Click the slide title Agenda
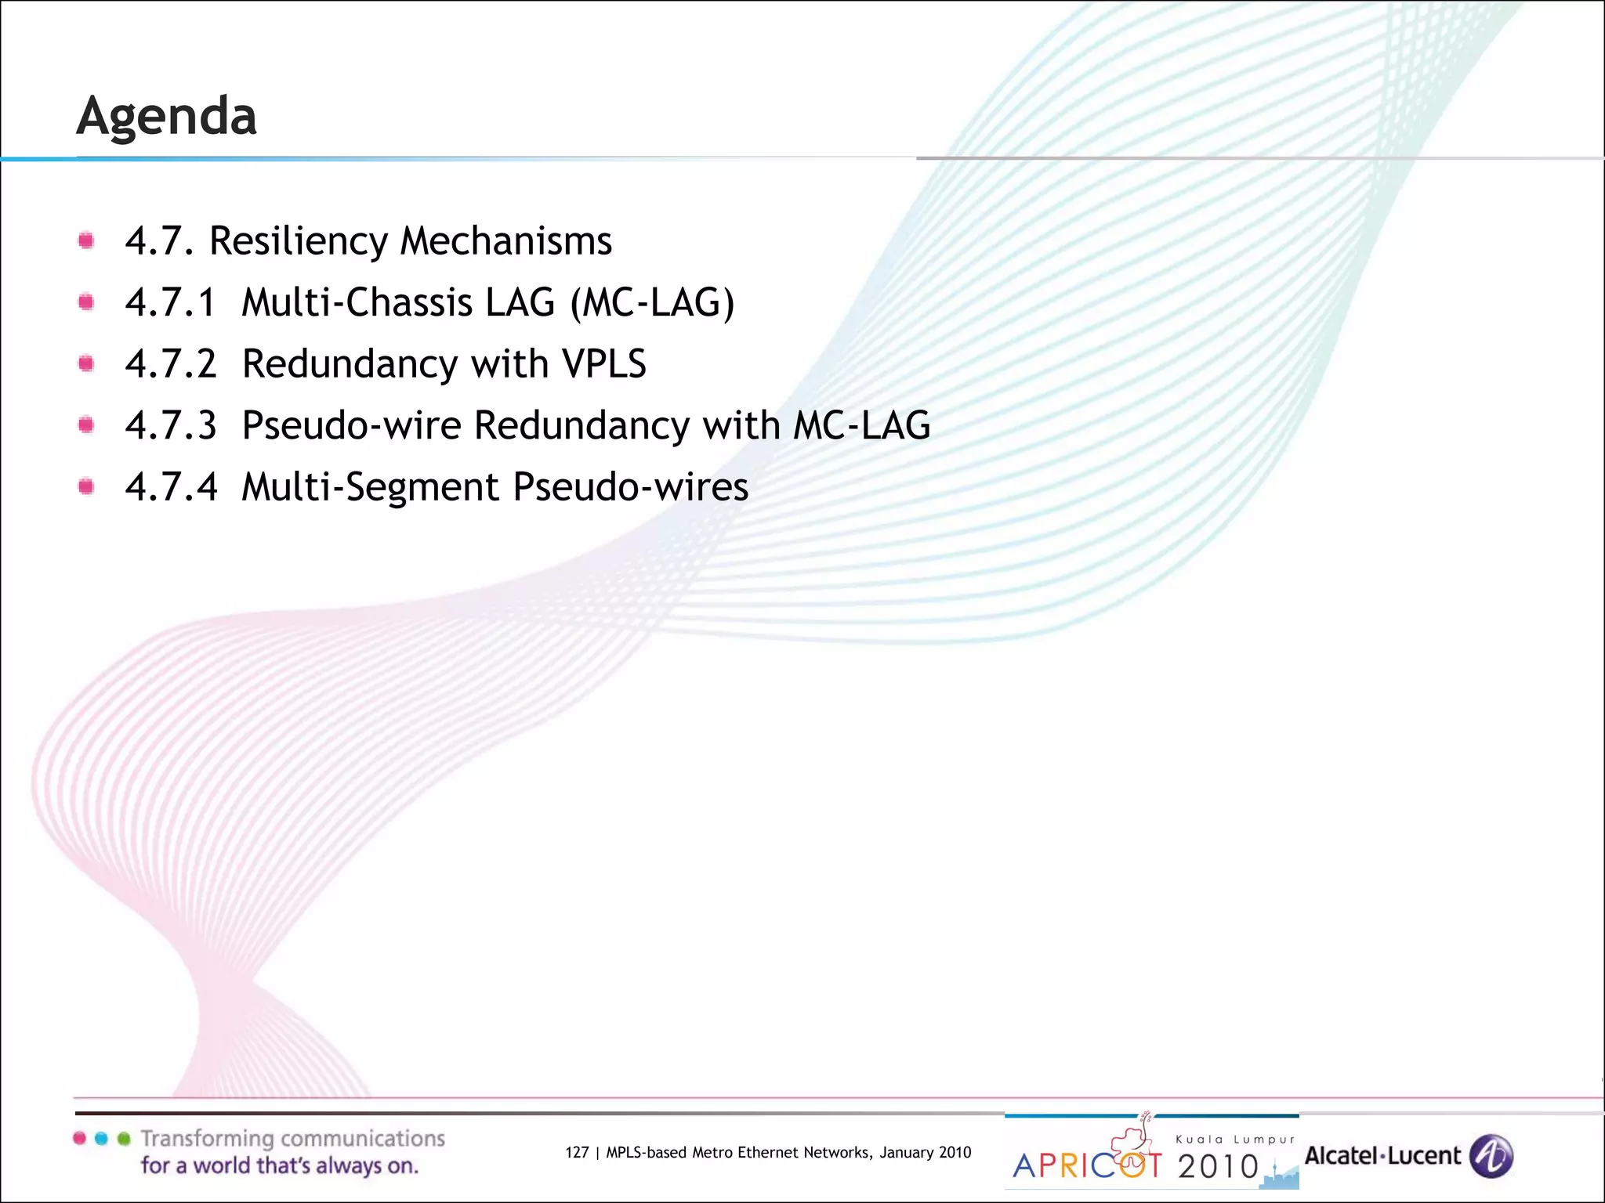[x=166, y=117]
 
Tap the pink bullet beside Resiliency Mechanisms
[x=86, y=240]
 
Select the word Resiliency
[x=298, y=241]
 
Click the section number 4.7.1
[x=170, y=303]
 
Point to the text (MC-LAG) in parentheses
[x=652, y=303]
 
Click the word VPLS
[x=603, y=364]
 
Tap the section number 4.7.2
[x=170, y=364]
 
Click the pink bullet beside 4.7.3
[x=86, y=424]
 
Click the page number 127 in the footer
[x=577, y=1152]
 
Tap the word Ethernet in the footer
[x=770, y=1152]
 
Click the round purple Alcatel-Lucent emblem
[x=1491, y=1156]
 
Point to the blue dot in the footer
[x=101, y=1139]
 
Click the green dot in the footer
[x=123, y=1139]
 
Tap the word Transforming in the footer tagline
[x=207, y=1139]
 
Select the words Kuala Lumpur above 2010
[x=1235, y=1140]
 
